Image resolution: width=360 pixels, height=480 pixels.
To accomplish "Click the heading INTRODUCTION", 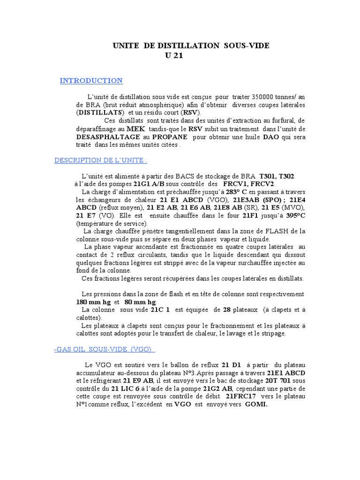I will click(91, 81).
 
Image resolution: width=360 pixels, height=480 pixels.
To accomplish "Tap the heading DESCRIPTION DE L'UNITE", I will click(101, 160).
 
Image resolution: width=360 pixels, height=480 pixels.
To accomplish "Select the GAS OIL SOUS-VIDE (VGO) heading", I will click(105, 350).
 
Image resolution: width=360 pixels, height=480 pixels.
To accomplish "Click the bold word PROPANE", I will click(169, 137).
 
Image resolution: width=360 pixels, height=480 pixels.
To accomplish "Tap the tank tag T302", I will click(283, 176).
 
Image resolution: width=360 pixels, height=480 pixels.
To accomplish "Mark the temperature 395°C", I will click(293, 216).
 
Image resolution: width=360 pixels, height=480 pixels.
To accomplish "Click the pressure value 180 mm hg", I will click(93, 302).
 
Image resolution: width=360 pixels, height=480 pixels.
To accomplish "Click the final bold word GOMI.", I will click(256, 405).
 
